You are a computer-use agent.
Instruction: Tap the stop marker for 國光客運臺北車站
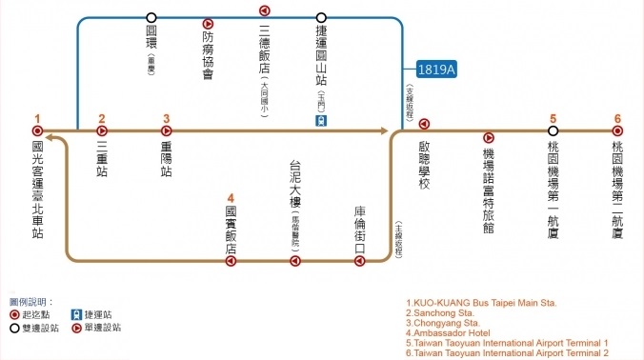tap(38, 130)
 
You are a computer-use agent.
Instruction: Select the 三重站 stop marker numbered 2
tap(102, 130)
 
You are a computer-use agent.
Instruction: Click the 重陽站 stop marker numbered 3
tap(167, 130)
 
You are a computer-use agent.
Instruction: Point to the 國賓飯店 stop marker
tap(231, 258)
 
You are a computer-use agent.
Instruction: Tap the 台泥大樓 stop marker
tap(295, 258)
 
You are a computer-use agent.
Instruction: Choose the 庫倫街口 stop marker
tap(359, 258)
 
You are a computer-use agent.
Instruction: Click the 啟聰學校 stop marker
tap(424, 123)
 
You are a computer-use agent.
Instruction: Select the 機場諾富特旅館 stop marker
tap(489, 138)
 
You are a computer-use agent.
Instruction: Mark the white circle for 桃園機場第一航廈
tap(553, 130)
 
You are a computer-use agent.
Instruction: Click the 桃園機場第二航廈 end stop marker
tap(617, 130)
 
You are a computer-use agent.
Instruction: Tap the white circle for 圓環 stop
tap(151, 17)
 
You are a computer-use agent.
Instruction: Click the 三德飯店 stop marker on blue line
tap(265, 10)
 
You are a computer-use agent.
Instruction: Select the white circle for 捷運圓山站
tap(321, 17)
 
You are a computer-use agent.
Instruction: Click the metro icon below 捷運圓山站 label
tap(323, 121)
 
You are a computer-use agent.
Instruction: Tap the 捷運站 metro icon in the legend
tap(75, 313)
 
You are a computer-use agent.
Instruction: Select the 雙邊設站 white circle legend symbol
tap(14, 327)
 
